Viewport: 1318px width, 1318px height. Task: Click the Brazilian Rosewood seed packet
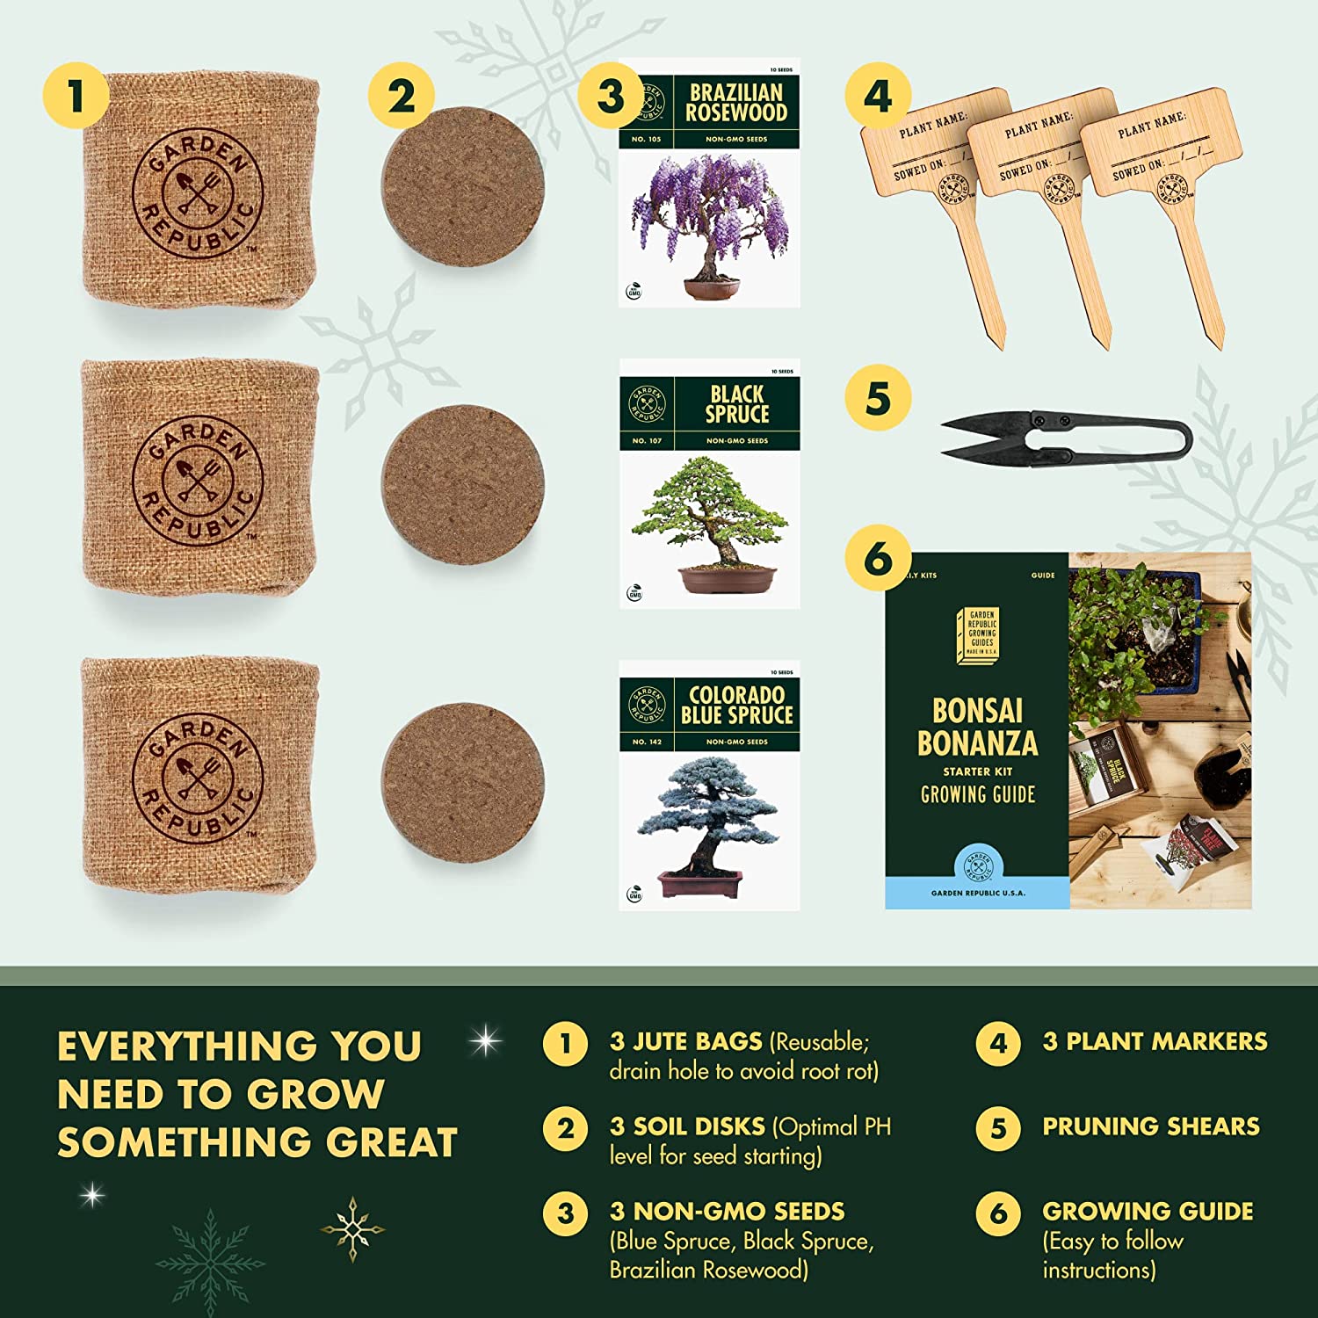click(709, 183)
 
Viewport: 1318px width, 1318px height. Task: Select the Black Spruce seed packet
click(709, 483)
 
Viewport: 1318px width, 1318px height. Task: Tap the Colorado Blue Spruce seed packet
click(709, 785)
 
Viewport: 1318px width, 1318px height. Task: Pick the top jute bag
click(199, 189)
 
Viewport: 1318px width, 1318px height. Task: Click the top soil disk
click(462, 186)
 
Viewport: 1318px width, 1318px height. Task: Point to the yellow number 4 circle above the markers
click(878, 96)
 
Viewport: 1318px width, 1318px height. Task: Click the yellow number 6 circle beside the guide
click(878, 558)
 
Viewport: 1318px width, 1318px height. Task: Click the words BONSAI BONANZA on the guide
click(977, 728)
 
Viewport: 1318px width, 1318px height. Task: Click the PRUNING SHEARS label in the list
click(1150, 1126)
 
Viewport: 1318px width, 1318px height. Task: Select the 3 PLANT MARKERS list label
click(1155, 1041)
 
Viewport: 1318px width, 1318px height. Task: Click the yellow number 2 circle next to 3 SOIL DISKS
click(565, 1128)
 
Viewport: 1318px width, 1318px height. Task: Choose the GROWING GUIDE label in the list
click(1148, 1211)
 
